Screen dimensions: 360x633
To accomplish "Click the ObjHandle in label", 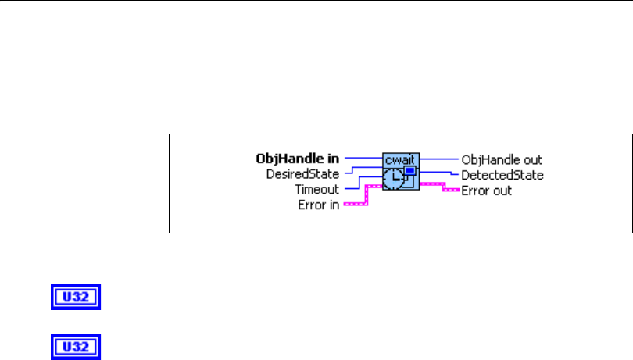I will tap(299, 159).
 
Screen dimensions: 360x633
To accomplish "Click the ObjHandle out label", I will tap(502, 159).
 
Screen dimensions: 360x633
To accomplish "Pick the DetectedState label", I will tap(502, 174).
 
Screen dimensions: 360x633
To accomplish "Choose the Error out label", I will tap(487, 190).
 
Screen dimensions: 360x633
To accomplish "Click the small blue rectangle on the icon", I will tap(409, 170).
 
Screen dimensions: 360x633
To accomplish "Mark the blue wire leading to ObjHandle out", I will tap(438, 159).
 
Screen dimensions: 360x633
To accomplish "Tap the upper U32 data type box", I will tap(77, 298).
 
